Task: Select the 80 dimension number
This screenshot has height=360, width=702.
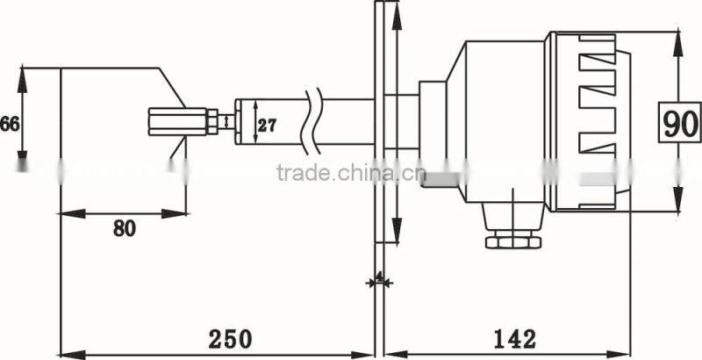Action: tap(124, 228)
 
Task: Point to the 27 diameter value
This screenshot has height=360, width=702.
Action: tap(268, 125)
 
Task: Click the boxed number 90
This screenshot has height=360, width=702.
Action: tap(680, 123)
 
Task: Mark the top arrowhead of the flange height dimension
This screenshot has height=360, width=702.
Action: tap(398, 11)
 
